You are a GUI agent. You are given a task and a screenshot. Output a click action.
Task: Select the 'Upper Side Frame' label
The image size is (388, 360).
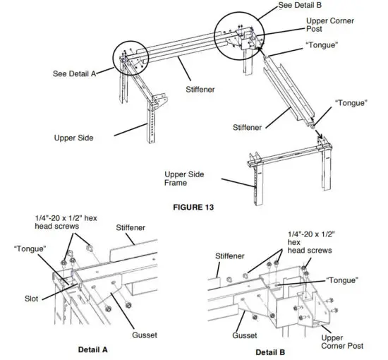point(186,178)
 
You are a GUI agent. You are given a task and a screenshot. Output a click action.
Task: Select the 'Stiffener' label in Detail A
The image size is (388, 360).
point(131,228)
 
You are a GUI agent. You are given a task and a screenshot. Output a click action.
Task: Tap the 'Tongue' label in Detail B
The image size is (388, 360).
point(341,280)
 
